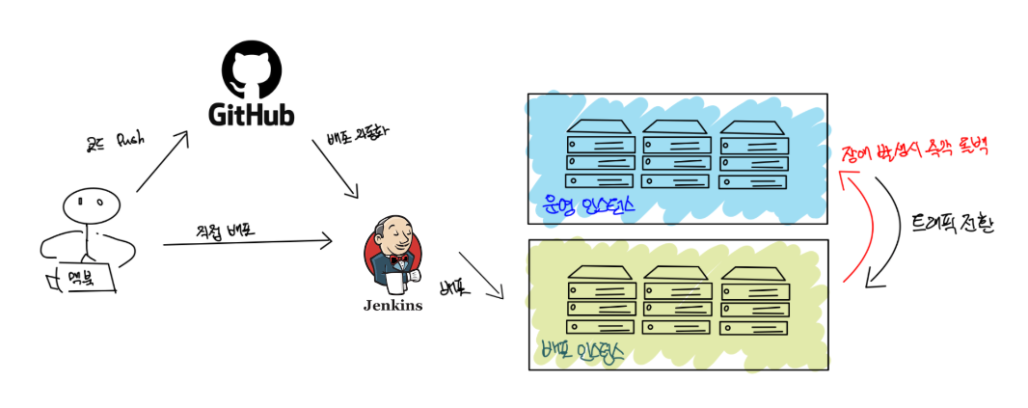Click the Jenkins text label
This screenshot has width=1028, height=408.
[x=392, y=306]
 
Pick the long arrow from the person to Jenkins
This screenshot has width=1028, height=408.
[x=249, y=241]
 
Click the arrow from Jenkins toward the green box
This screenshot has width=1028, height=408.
[x=481, y=276]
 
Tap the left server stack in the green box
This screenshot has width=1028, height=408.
[x=600, y=299]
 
